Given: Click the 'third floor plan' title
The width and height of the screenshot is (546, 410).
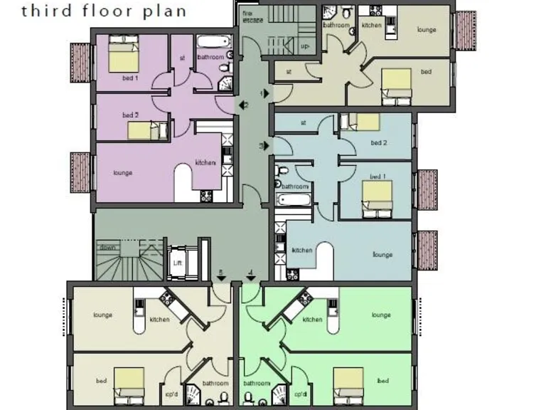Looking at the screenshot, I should (x=104, y=11).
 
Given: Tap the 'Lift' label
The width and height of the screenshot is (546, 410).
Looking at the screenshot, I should (x=178, y=263).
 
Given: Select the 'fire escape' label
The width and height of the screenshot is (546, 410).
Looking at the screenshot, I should (x=249, y=16).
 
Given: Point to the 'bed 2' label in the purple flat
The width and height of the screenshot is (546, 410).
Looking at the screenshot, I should (x=130, y=115).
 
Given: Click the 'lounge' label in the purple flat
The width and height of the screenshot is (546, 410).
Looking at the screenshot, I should (x=123, y=172).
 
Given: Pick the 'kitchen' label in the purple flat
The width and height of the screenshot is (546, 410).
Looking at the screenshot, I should (x=205, y=163).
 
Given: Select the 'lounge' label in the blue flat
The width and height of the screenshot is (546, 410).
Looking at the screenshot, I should (x=382, y=254).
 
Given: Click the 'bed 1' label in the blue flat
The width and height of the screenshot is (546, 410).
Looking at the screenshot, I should (x=378, y=176).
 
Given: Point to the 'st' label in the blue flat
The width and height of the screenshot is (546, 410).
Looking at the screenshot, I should (x=303, y=122).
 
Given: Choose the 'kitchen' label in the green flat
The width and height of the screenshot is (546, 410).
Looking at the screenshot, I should (x=312, y=320).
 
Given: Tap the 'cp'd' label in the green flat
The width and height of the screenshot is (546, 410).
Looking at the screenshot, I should (x=301, y=394).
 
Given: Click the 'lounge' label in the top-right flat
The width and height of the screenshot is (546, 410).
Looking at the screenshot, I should (x=427, y=30).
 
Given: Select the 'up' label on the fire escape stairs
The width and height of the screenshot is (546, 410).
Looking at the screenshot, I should (x=306, y=46).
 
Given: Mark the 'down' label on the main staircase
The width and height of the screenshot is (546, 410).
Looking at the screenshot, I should (x=107, y=247).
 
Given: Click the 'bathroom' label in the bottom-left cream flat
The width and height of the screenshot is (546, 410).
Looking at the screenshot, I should (x=215, y=383).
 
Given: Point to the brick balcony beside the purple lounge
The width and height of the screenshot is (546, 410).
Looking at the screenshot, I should (x=80, y=172).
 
